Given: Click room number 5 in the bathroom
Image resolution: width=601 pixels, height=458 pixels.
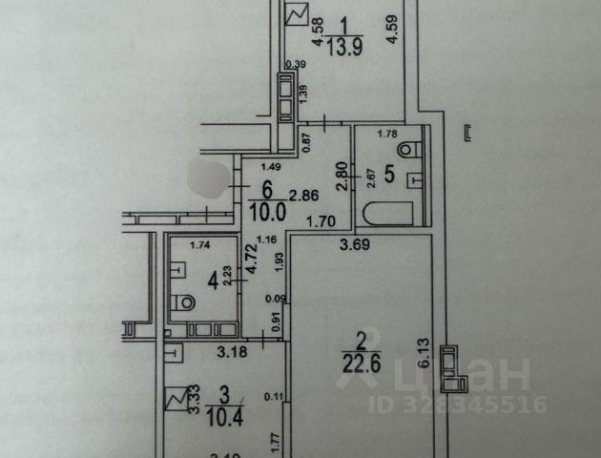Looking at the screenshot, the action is pos(388,175).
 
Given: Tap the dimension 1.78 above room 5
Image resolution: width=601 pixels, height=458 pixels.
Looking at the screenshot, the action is pos(386,134).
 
